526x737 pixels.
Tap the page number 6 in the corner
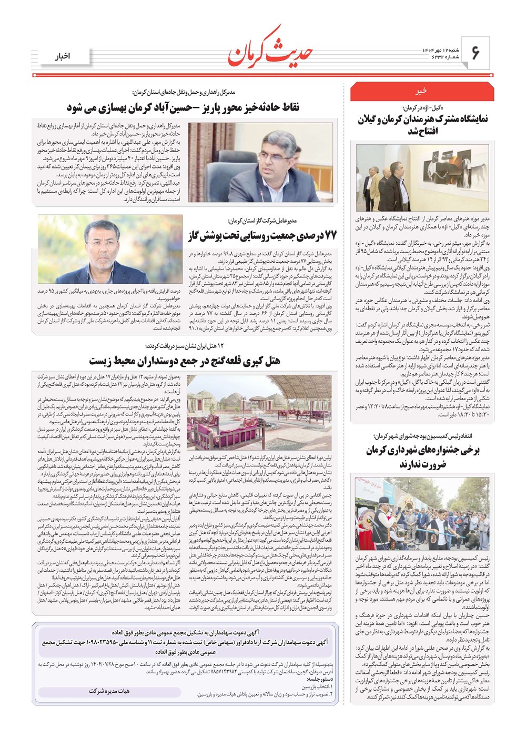pos(476,53)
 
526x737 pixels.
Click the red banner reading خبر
pos(422,92)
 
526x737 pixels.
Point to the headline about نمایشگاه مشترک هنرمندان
pos(422,125)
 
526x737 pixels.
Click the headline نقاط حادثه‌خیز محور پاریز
pos(183,107)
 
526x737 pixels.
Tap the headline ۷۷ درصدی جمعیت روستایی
pos(261,235)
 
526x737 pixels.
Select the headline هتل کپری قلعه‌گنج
pos(184,361)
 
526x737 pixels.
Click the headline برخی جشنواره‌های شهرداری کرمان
pos(422,456)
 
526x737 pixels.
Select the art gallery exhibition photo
pos(422,177)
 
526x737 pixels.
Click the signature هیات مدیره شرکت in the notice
pos(109,691)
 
